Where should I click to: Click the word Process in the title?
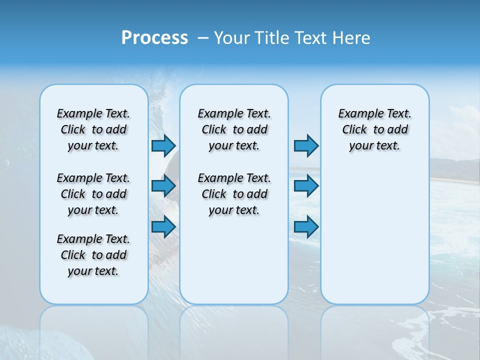coord(154,38)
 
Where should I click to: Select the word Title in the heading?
coord(271,38)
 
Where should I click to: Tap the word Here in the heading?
coord(351,38)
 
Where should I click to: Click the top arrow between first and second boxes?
coord(163,145)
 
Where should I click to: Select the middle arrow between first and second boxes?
coord(163,186)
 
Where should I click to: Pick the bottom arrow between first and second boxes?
coord(163,227)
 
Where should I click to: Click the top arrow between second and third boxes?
coord(306,145)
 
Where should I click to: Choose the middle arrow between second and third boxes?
coord(306,186)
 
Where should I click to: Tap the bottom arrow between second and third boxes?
coord(306,227)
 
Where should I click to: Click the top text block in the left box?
coord(93,129)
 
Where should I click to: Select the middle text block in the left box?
coord(93,194)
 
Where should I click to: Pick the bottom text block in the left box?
coord(93,255)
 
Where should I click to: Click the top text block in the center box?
coord(234,129)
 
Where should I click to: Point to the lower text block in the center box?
coord(234,194)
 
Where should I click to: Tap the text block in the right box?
coord(374,129)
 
